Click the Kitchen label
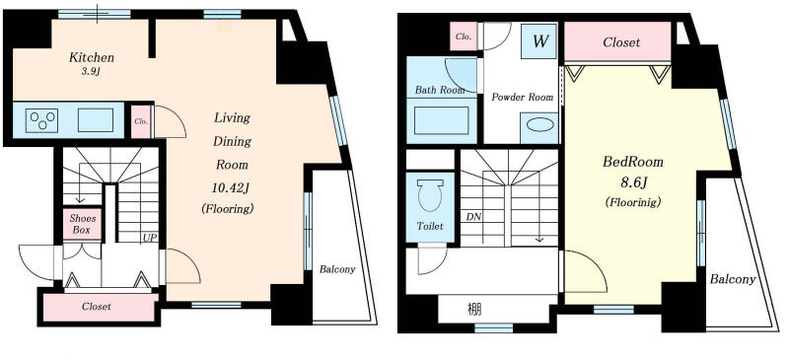92,57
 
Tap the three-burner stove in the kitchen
41,120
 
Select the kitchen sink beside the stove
96,120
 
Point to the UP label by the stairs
149,237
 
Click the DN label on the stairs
473,217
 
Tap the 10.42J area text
232,187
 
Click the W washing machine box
539,41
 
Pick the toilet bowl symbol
431,195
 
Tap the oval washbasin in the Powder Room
539,124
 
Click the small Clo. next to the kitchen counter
141,121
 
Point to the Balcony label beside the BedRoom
733,279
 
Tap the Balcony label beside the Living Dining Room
337,269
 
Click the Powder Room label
523,98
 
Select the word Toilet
430,227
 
